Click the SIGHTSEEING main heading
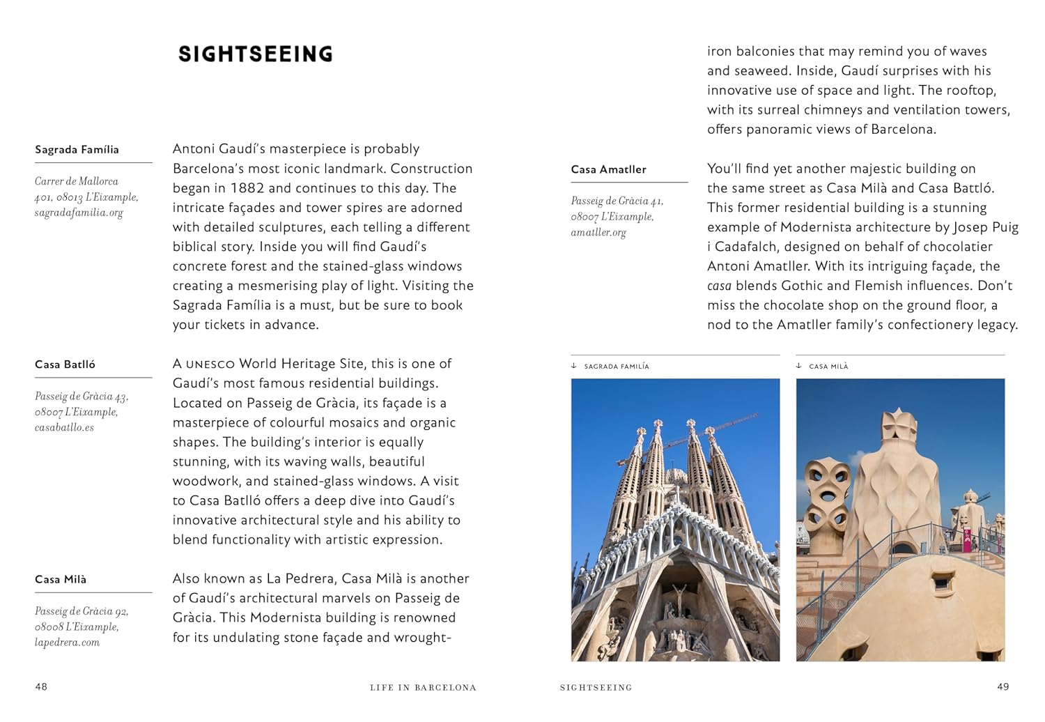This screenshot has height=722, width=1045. [256, 54]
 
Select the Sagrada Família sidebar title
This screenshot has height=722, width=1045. [77, 150]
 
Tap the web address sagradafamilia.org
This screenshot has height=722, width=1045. [79, 213]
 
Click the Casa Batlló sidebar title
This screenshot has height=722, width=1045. [65, 364]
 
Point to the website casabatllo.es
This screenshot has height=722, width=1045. [64, 427]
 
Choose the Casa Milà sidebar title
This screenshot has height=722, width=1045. [61, 579]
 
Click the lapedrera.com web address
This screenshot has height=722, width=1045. [67, 642]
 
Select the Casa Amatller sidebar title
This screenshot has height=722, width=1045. [608, 169]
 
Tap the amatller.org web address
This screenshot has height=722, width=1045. [598, 232]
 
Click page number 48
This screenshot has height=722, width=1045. [41, 686]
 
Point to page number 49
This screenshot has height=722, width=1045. [1003, 686]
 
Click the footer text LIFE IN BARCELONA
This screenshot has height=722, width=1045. [423, 687]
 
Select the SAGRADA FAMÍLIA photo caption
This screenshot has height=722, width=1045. [616, 366]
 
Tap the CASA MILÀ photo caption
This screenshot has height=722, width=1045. [828, 366]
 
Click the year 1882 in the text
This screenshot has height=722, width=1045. [247, 188]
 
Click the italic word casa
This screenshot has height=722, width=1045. [719, 286]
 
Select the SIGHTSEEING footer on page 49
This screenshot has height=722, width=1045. [596, 687]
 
